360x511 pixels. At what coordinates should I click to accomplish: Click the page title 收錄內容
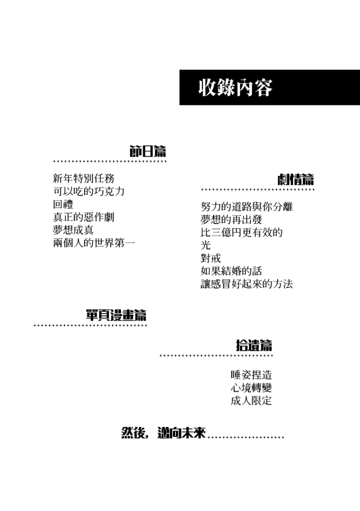tap(235, 87)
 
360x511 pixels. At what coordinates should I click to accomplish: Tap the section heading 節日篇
tap(148, 151)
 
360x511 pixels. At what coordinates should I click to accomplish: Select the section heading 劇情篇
tap(296, 179)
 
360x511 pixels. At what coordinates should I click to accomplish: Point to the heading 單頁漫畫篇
tap(116, 315)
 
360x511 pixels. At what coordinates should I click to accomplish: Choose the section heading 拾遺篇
tap(254, 345)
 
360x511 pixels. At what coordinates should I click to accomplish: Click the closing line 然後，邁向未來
tap(163, 433)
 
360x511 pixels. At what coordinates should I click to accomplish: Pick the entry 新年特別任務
tap(84, 178)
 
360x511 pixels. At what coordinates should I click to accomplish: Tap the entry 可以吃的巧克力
tap(89, 191)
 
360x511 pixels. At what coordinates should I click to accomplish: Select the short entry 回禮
tap(63, 204)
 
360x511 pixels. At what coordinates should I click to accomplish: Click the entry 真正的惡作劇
tap(84, 217)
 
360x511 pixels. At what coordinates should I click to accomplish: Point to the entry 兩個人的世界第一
tap(94, 243)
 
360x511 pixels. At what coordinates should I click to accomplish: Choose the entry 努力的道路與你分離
tap(247, 206)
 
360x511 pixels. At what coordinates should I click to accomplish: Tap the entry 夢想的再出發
tap(231, 220)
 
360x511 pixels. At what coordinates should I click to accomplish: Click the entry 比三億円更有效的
tap(242, 233)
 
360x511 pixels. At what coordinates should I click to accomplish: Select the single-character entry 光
tap(206, 245)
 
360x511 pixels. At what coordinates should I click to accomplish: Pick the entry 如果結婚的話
tap(231, 271)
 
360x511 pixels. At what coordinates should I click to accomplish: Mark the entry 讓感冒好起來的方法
tap(247, 284)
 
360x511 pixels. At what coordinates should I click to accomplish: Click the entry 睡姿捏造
tap(251, 375)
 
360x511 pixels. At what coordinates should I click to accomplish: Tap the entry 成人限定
tap(251, 400)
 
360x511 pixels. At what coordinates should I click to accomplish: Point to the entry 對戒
tap(211, 258)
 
